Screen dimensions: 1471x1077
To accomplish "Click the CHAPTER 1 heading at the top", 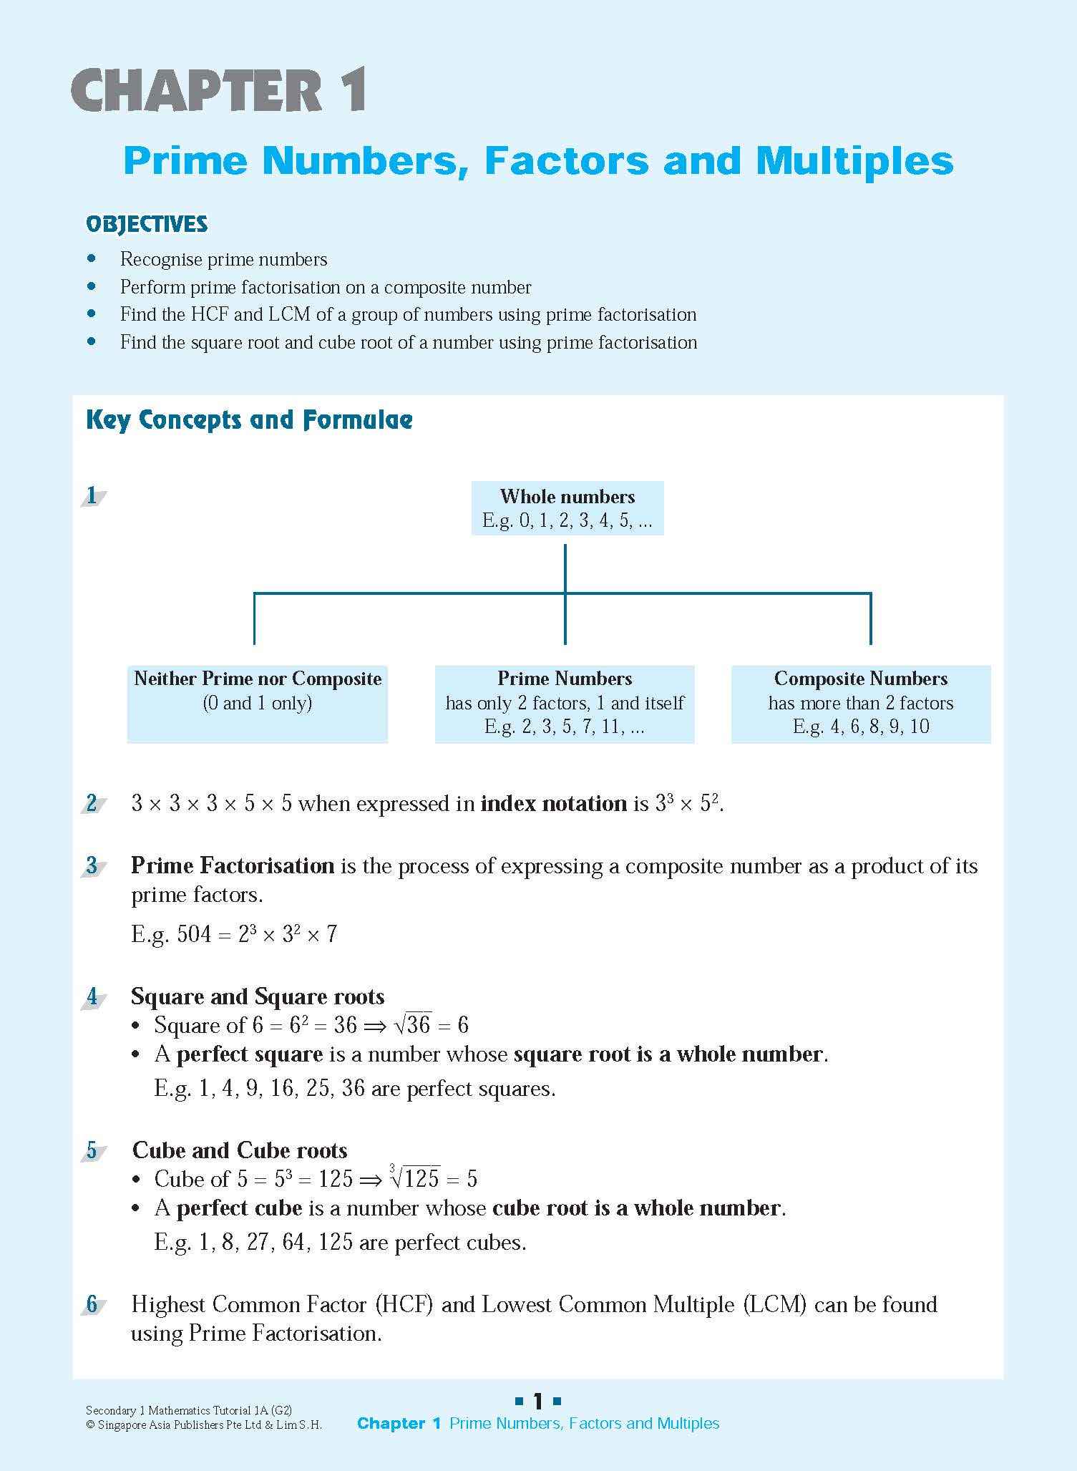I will pos(219,91).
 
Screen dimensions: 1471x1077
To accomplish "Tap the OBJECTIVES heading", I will pos(147,224).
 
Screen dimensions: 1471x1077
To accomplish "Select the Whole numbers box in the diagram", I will pos(567,508).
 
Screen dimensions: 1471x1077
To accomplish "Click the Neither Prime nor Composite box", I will pos(258,703).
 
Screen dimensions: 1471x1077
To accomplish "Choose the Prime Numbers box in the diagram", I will pos(565,703).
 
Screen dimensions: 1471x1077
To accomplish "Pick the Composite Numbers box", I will pos(860,703).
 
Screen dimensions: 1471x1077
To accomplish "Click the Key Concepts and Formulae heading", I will pos(249,419).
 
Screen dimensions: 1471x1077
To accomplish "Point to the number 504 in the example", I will pos(194,934).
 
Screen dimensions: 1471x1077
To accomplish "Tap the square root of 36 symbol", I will pos(412,1025).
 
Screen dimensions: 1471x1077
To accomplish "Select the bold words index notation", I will pos(553,804).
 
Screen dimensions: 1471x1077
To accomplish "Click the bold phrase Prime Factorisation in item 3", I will pos(233,866).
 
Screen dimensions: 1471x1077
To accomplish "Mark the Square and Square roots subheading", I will pos(258,996).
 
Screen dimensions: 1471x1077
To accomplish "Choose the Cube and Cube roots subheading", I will pos(240,1150).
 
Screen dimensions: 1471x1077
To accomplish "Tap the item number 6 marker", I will pos(92,1304).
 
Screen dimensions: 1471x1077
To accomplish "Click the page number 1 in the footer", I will pos(538,1401).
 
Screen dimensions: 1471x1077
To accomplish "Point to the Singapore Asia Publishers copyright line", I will pos(203,1424).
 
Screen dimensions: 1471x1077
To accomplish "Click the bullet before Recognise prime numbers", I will pos(91,258).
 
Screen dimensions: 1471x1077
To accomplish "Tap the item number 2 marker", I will pos(92,804).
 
